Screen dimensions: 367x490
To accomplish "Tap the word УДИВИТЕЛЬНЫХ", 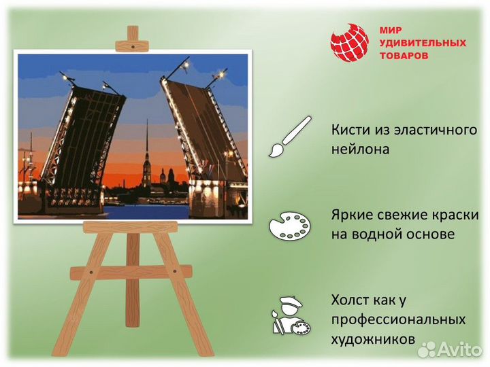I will [x=422, y=43].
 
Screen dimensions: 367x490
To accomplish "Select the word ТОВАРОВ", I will [x=404, y=56].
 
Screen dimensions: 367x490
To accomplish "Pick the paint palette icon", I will [x=289, y=225].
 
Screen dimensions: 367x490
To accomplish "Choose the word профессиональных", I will [x=398, y=319].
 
